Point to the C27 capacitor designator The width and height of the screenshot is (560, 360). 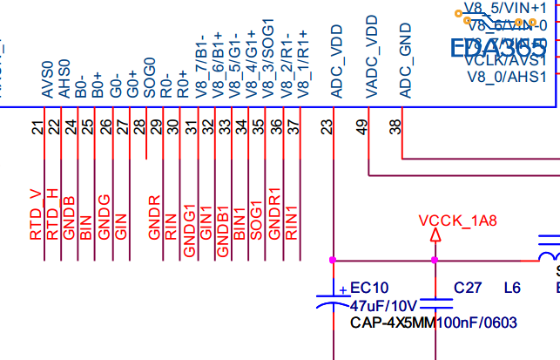pos(468,287)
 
